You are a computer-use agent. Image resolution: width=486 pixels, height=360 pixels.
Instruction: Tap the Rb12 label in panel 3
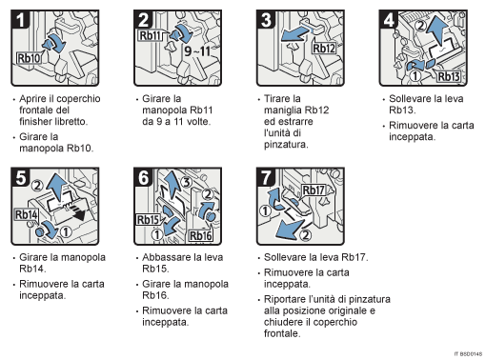coord(324,49)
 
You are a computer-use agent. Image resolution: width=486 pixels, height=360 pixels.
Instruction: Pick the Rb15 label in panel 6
coord(149,220)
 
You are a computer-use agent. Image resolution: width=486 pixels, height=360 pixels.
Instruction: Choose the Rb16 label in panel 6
coord(201,235)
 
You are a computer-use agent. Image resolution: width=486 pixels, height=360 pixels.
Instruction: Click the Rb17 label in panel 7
coord(315,190)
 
